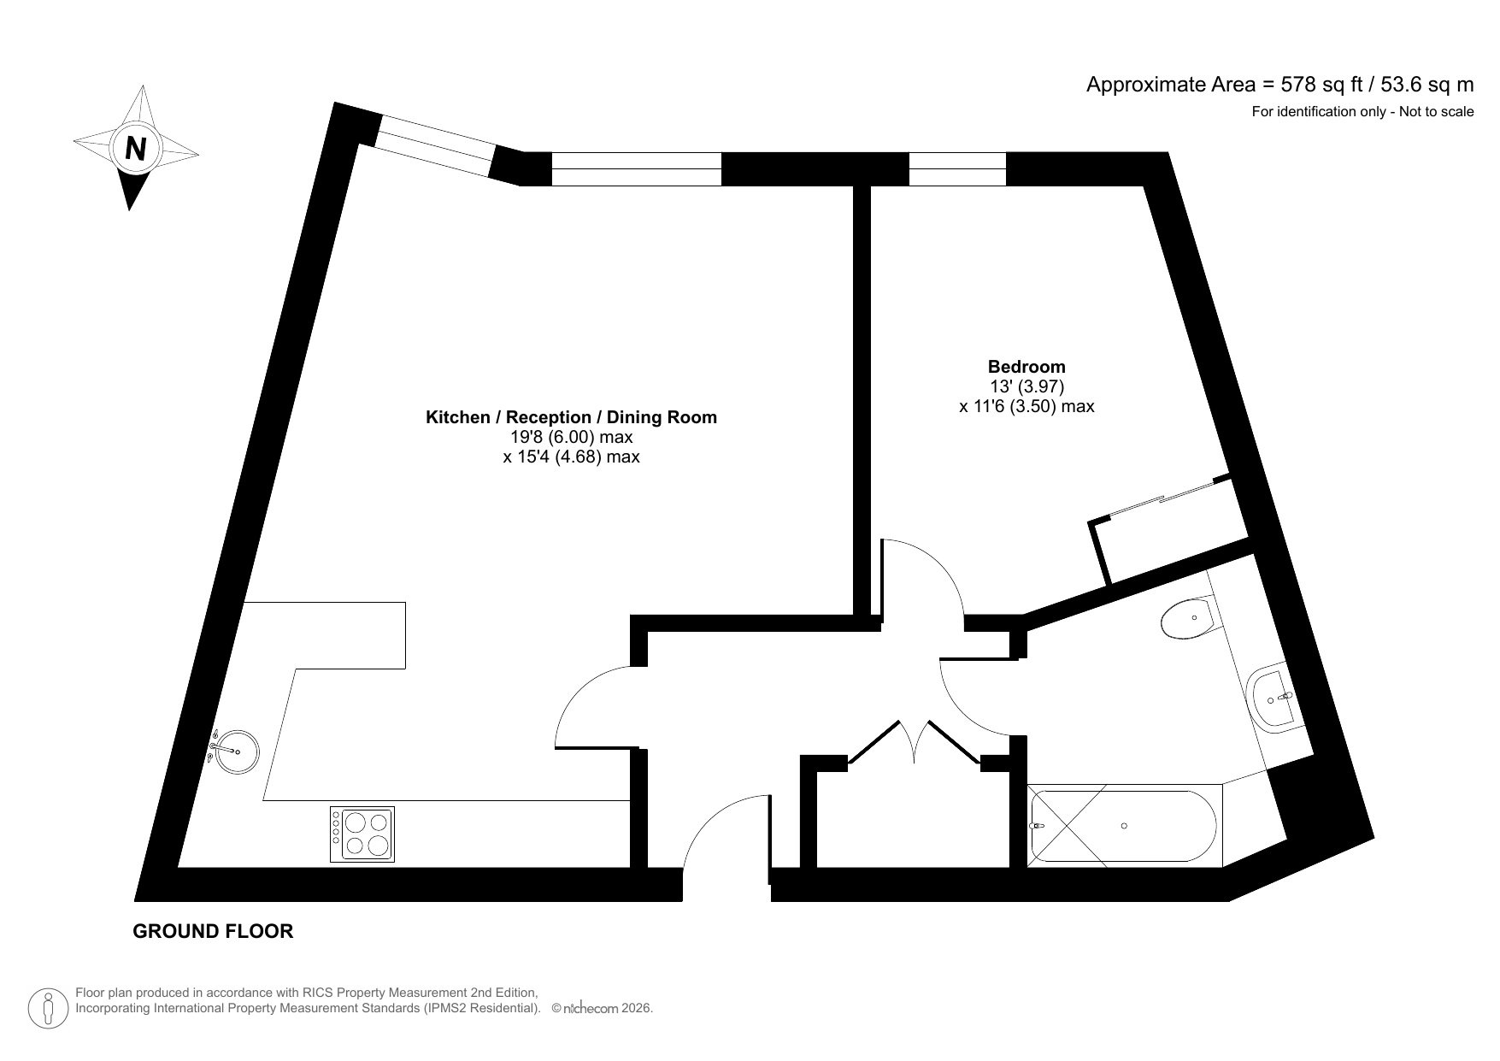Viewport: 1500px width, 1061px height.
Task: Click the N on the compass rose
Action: (135, 149)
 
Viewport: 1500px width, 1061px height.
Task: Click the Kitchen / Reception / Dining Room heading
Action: (571, 417)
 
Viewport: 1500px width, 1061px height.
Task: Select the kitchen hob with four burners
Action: (362, 834)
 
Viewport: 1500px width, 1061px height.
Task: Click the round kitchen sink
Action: (233, 752)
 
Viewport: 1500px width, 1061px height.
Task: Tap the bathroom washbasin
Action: (1274, 698)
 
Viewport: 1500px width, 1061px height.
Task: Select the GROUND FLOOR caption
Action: (213, 931)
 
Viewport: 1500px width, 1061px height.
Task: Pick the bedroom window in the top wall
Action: (957, 168)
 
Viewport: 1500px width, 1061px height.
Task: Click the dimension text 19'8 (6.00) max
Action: (571, 437)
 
